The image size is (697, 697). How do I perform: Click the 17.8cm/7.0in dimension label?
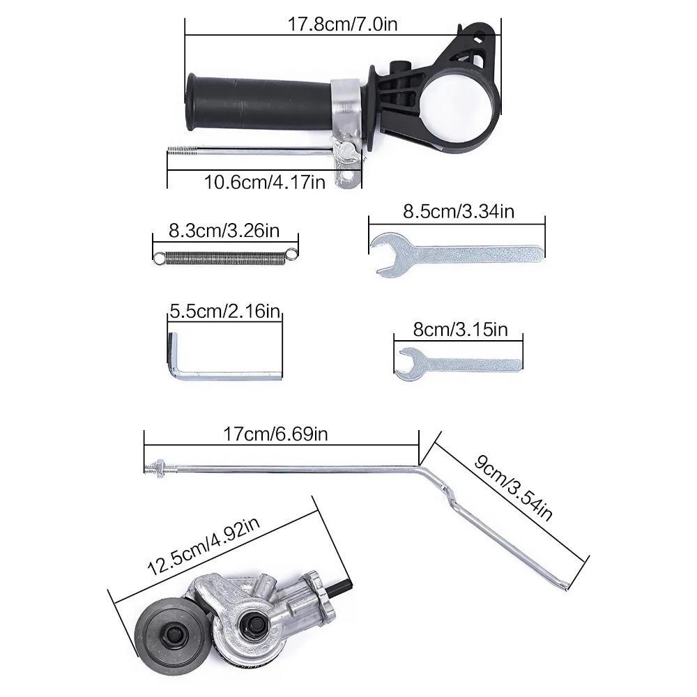pyautogui.click(x=342, y=24)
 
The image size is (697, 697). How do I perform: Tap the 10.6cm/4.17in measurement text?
pyautogui.click(x=264, y=182)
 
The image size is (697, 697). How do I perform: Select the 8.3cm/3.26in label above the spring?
pyautogui.click(x=224, y=230)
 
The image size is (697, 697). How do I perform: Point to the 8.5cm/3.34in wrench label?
pyautogui.click(x=458, y=211)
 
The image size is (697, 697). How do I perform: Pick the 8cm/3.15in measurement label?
pyautogui.click(x=459, y=329)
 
